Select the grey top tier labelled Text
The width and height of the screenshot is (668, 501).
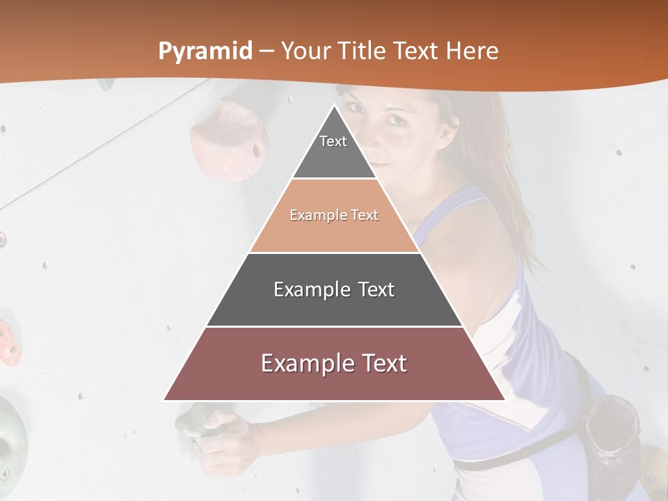tap(334, 153)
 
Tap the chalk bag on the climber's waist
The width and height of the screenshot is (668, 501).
tap(612, 431)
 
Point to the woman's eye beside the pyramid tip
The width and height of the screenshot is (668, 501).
tap(395, 120)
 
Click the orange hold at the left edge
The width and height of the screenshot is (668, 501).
tap(8, 344)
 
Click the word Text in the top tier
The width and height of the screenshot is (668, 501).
tap(333, 141)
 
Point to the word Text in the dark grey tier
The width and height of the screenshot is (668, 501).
tap(372, 289)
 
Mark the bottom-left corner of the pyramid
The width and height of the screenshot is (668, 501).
tap(164, 400)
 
